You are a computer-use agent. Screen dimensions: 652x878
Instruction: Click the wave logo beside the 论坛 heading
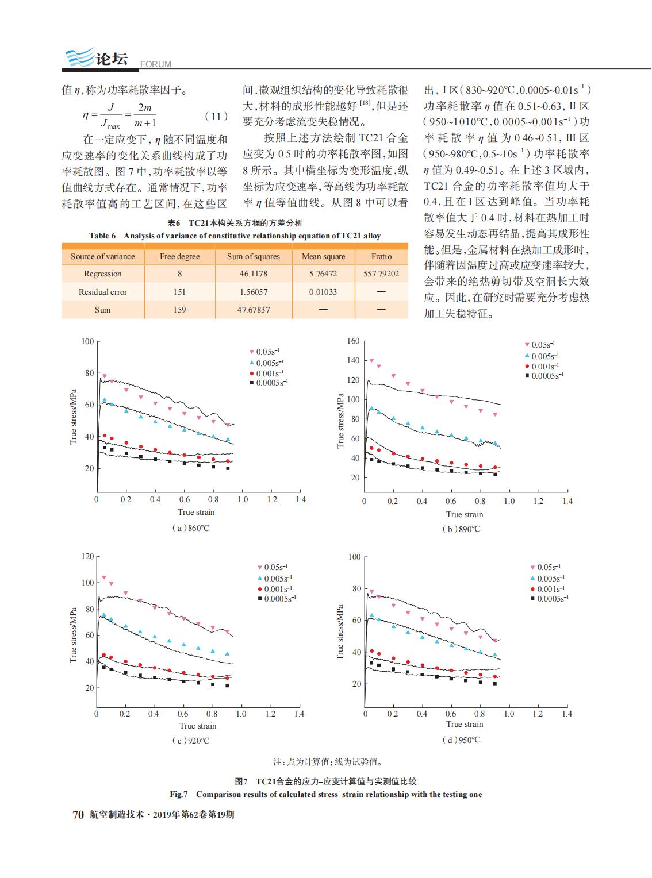coord(79,57)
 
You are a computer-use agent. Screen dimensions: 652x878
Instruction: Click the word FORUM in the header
coord(156,64)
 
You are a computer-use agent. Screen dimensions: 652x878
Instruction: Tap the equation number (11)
coord(216,117)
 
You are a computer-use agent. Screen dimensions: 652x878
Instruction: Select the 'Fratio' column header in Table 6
coord(381,256)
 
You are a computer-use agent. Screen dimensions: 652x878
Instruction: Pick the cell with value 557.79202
coord(381,274)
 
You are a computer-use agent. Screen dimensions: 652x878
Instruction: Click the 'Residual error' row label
coord(102,292)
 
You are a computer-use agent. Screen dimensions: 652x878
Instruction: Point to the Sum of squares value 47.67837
coord(254,310)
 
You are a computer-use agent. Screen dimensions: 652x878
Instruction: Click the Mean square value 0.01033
coord(323,292)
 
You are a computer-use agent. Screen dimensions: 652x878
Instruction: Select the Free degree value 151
coord(179,292)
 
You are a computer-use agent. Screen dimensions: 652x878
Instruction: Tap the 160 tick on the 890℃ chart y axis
coord(353,341)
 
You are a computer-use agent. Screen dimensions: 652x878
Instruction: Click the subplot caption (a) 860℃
coord(190,528)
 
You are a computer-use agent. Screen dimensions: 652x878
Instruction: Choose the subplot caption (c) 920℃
coord(190,741)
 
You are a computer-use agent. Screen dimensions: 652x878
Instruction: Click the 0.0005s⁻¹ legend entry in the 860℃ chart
coord(269,383)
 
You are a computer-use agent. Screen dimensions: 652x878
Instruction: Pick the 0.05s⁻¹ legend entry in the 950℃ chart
coord(546,567)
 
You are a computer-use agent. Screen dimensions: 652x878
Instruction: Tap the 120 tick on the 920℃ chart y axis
coord(87,556)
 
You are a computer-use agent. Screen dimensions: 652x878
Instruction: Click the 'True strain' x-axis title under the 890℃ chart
coord(465,515)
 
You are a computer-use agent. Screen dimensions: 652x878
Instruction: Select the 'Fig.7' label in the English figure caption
coord(179,795)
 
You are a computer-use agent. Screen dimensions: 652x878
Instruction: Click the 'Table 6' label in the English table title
coord(102,236)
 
